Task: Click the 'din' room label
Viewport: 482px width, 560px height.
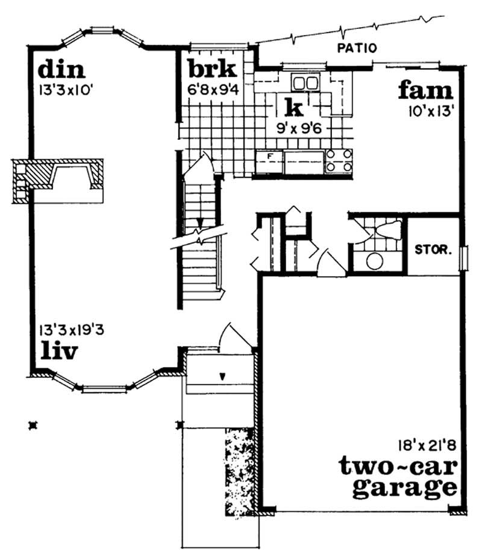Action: click(x=61, y=70)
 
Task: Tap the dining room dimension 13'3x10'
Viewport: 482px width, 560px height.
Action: click(x=66, y=90)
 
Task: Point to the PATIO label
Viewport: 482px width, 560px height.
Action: click(x=357, y=48)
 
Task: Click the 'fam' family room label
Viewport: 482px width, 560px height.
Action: click(x=425, y=90)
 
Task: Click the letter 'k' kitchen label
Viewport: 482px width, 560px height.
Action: click(x=295, y=107)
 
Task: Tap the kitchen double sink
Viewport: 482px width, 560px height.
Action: click(x=305, y=83)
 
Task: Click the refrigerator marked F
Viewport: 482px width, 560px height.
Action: click(x=269, y=162)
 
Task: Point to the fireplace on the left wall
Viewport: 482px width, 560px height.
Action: click(x=58, y=181)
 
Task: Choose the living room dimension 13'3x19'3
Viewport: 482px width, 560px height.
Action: click(x=72, y=330)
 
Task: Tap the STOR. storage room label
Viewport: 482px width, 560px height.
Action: click(x=433, y=250)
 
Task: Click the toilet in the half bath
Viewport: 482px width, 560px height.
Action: click(x=387, y=230)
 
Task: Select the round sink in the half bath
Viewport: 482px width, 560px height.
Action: click(x=375, y=262)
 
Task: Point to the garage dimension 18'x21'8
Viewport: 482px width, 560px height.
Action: click(x=427, y=445)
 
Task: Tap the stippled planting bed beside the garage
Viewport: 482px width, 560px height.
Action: click(x=239, y=471)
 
